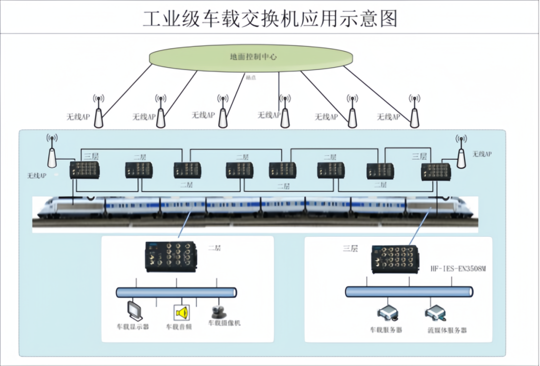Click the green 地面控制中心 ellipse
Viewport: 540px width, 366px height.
pos(253,57)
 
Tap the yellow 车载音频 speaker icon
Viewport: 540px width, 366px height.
pos(181,313)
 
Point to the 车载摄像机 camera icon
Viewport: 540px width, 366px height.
pos(218,312)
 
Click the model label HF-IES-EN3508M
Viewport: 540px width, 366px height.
pos(458,269)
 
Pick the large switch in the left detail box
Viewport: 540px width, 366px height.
pos(170,256)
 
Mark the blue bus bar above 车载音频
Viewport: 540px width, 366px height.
pos(176,292)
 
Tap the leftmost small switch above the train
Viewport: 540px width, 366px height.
pos(84,170)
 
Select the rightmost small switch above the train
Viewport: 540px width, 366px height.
pos(435,171)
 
